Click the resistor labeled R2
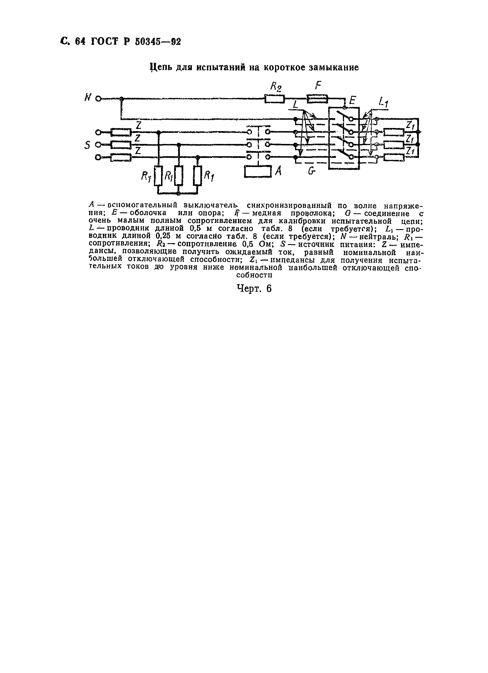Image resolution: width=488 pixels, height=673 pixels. [x=274, y=99]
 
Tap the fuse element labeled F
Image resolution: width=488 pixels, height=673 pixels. [x=317, y=99]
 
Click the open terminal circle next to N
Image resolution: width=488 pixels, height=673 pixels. [x=98, y=99]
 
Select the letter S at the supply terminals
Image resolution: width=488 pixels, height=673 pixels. [x=87, y=145]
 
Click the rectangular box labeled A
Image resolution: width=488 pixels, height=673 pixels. [x=258, y=172]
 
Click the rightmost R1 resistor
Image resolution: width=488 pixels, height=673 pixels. [x=197, y=176]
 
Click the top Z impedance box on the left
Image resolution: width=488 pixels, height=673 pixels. [x=121, y=132]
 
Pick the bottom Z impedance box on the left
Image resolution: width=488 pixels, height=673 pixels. [x=121, y=157]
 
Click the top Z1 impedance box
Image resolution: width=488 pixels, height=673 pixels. [x=394, y=132]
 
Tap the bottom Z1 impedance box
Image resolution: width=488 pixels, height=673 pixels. [x=394, y=157]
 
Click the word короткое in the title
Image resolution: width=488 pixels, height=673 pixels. [x=285, y=68]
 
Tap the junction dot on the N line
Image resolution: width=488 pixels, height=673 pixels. [x=121, y=99]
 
